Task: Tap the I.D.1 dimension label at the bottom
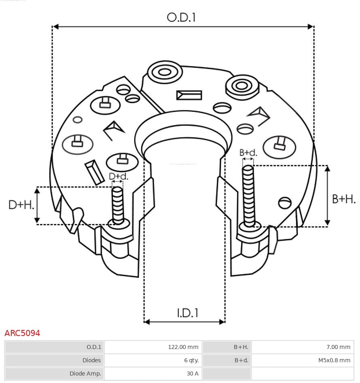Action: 187,313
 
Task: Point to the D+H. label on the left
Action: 21,205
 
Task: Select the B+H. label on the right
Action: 344,199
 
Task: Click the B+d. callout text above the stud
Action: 248,153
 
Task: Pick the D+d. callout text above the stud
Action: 119,177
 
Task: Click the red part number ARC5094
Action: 22,333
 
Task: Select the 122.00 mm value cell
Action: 183,347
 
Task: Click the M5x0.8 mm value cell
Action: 334,360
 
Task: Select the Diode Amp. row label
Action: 85,374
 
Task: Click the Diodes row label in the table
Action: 91,360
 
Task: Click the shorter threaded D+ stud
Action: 118,205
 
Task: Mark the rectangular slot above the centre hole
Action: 189,95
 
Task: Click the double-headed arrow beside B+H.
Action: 328,196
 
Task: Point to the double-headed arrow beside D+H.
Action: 37,205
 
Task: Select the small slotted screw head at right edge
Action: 285,202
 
